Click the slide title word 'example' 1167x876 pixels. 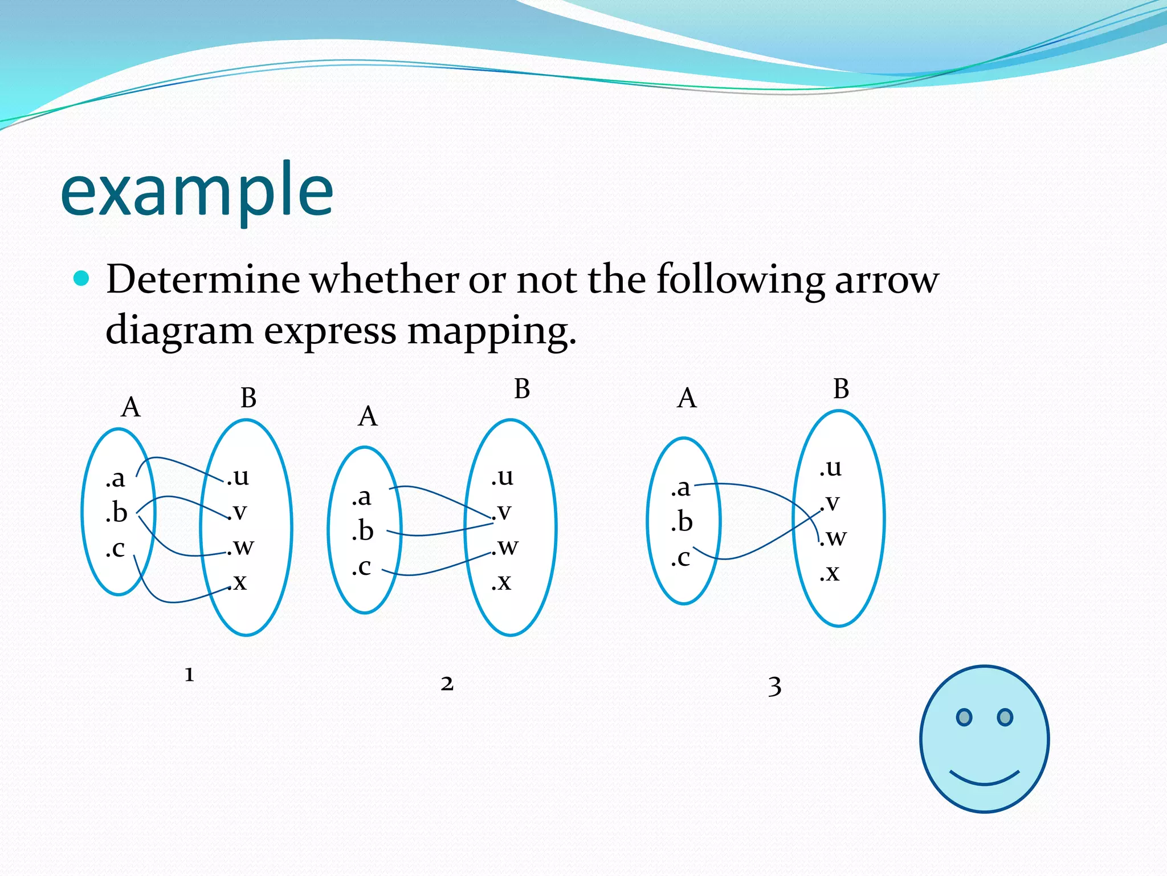[197, 191]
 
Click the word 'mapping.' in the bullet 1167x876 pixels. [491, 331]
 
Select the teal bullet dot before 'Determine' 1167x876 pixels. [82, 278]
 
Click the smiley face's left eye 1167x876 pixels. [964, 717]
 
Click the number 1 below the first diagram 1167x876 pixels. [189, 675]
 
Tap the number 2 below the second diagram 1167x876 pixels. [447, 683]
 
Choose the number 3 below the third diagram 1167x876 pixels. [774, 686]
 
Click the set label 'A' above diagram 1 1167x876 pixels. [130, 407]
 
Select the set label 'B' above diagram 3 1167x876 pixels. [841, 389]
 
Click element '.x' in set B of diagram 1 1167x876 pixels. [239, 582]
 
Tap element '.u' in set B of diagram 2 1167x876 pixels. [503, 476]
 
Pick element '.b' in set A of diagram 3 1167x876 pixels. [682, 522]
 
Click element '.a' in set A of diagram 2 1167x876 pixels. [361, 497]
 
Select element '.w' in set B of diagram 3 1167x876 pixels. [834, 537]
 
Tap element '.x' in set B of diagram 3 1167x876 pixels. [830, 572]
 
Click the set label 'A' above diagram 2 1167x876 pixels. [368, 416]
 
